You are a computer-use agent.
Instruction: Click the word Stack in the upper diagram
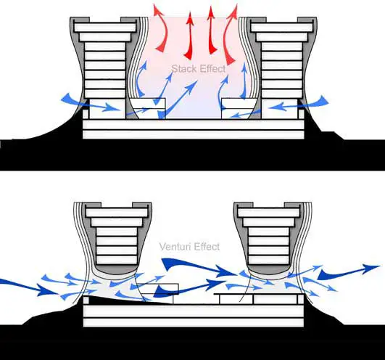pos(184,68)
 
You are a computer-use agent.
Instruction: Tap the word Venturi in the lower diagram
pos(175,246)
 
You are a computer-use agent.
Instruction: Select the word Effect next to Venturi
pos(207,246)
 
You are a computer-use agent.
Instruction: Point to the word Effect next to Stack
pos(212,68)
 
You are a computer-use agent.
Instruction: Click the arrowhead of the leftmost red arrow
pos(157,9)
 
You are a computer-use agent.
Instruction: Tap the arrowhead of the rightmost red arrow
pos(233,11)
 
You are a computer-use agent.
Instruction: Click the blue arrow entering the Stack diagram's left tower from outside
pos(90,103)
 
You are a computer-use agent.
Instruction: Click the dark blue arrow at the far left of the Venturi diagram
pos(30,286)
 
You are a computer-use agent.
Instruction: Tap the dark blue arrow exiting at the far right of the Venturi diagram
pos(349,271)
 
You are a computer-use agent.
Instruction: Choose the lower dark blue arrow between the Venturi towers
pos(189,287)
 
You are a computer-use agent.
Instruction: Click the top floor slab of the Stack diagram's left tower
pos(105,27)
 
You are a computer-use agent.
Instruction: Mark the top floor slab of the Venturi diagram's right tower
pos(269,213)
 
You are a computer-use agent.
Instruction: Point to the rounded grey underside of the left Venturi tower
pos(115,270)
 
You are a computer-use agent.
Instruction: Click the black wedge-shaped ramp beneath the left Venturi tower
pos(123,300)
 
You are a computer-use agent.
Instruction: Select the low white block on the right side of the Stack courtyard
pos(237,109)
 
